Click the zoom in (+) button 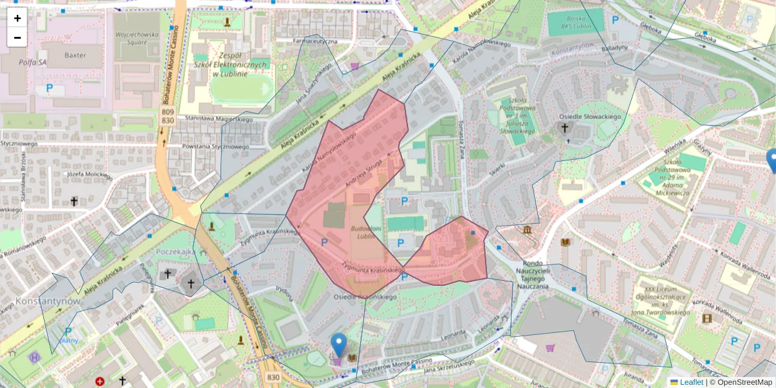pos(17,18)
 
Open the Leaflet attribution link pos(691,382)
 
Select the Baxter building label pos(74,56)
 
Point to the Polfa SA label pos(33,63)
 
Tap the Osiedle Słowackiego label pos(590,116)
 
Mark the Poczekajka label pos(175,252)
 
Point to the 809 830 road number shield pos(167,116)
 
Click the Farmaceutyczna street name pos(316,41)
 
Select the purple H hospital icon pos(34,357)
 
